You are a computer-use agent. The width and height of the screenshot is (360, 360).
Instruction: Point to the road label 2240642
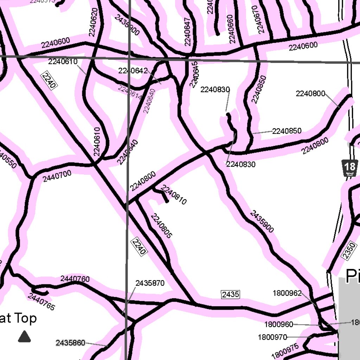point(133,71)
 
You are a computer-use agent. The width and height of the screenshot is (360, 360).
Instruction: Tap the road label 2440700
point(57,176)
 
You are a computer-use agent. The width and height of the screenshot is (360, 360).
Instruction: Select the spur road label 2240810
point(174,195)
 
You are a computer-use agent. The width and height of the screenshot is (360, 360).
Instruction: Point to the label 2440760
point(75,279)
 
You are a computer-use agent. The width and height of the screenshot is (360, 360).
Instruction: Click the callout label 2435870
point(150,283)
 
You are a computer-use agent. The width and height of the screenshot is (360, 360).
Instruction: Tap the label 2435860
point(70,342)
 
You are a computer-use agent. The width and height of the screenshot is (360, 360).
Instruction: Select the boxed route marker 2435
point(230,294)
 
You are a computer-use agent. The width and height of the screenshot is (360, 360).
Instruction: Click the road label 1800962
point(287,293)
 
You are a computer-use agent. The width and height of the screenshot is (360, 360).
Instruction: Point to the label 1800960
point(279,324)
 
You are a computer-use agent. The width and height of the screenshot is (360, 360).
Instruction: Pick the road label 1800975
point(285,351)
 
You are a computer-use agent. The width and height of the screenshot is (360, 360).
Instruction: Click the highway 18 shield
point(349,168)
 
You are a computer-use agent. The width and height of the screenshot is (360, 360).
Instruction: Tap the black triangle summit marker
point(25,336)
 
